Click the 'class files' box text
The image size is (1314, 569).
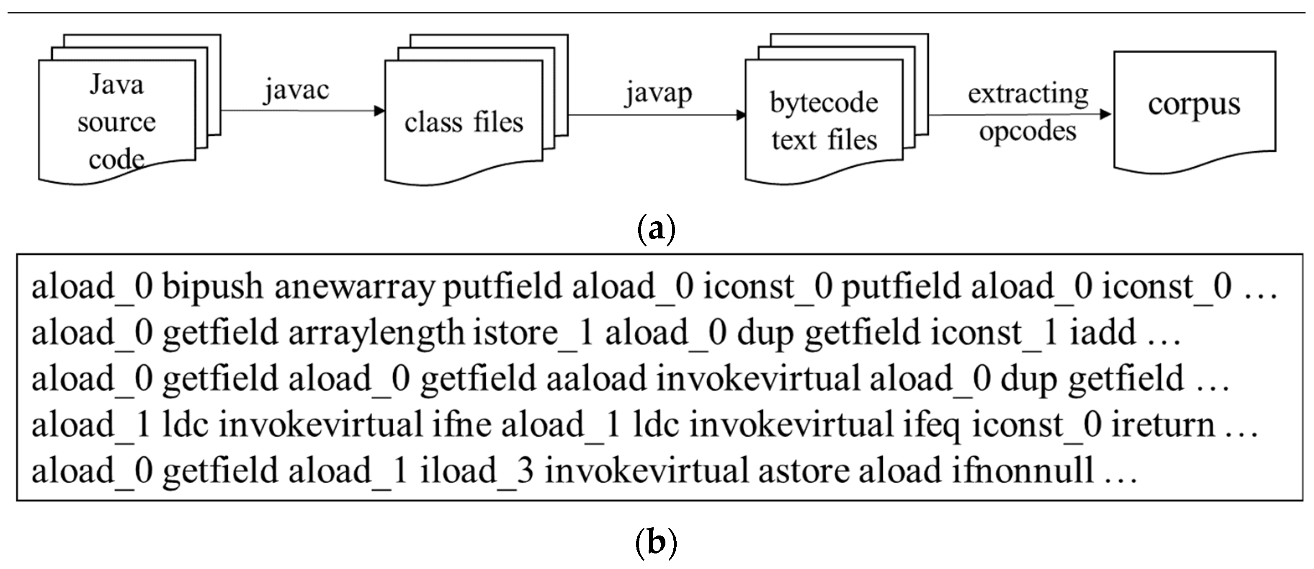464,122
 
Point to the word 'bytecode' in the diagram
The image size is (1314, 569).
824,103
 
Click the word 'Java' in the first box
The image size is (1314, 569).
116,85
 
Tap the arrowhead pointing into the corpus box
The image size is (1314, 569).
1105,114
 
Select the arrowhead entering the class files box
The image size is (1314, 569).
379,111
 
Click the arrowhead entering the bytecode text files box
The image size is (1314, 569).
741,115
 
